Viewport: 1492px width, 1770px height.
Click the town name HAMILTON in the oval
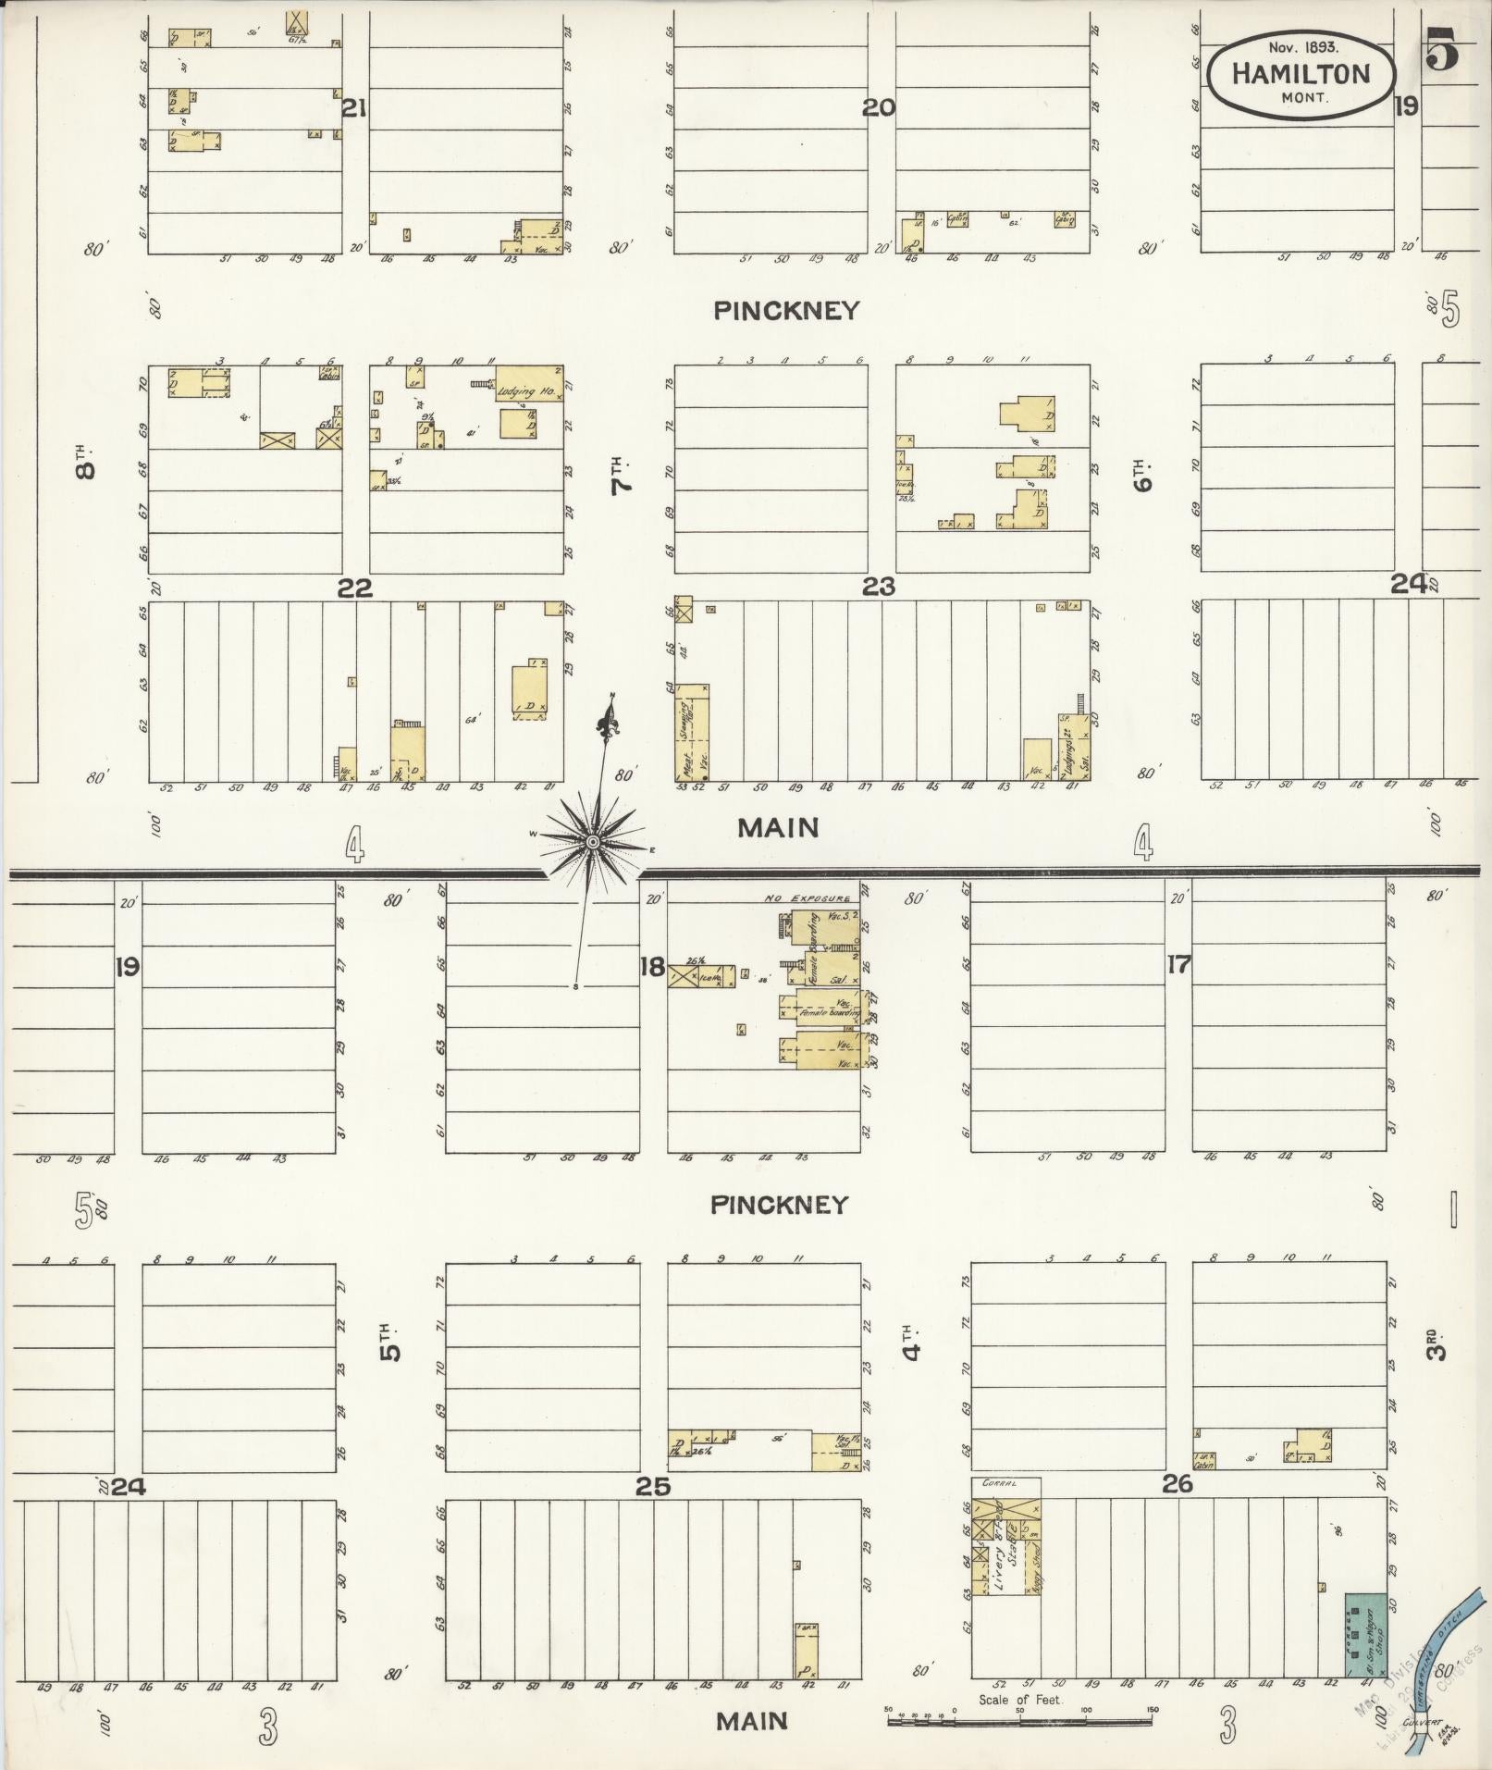click(x=1301, y=74)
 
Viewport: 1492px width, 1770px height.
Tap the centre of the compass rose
click(x=593, y=841)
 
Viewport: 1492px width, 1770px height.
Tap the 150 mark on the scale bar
click(x=1152, y=1710)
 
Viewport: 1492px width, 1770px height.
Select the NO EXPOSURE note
click(x=807, y=898)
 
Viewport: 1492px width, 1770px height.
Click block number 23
click(x=878, y=586)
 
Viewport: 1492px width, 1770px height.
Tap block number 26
click(x=1178, y=1484)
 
